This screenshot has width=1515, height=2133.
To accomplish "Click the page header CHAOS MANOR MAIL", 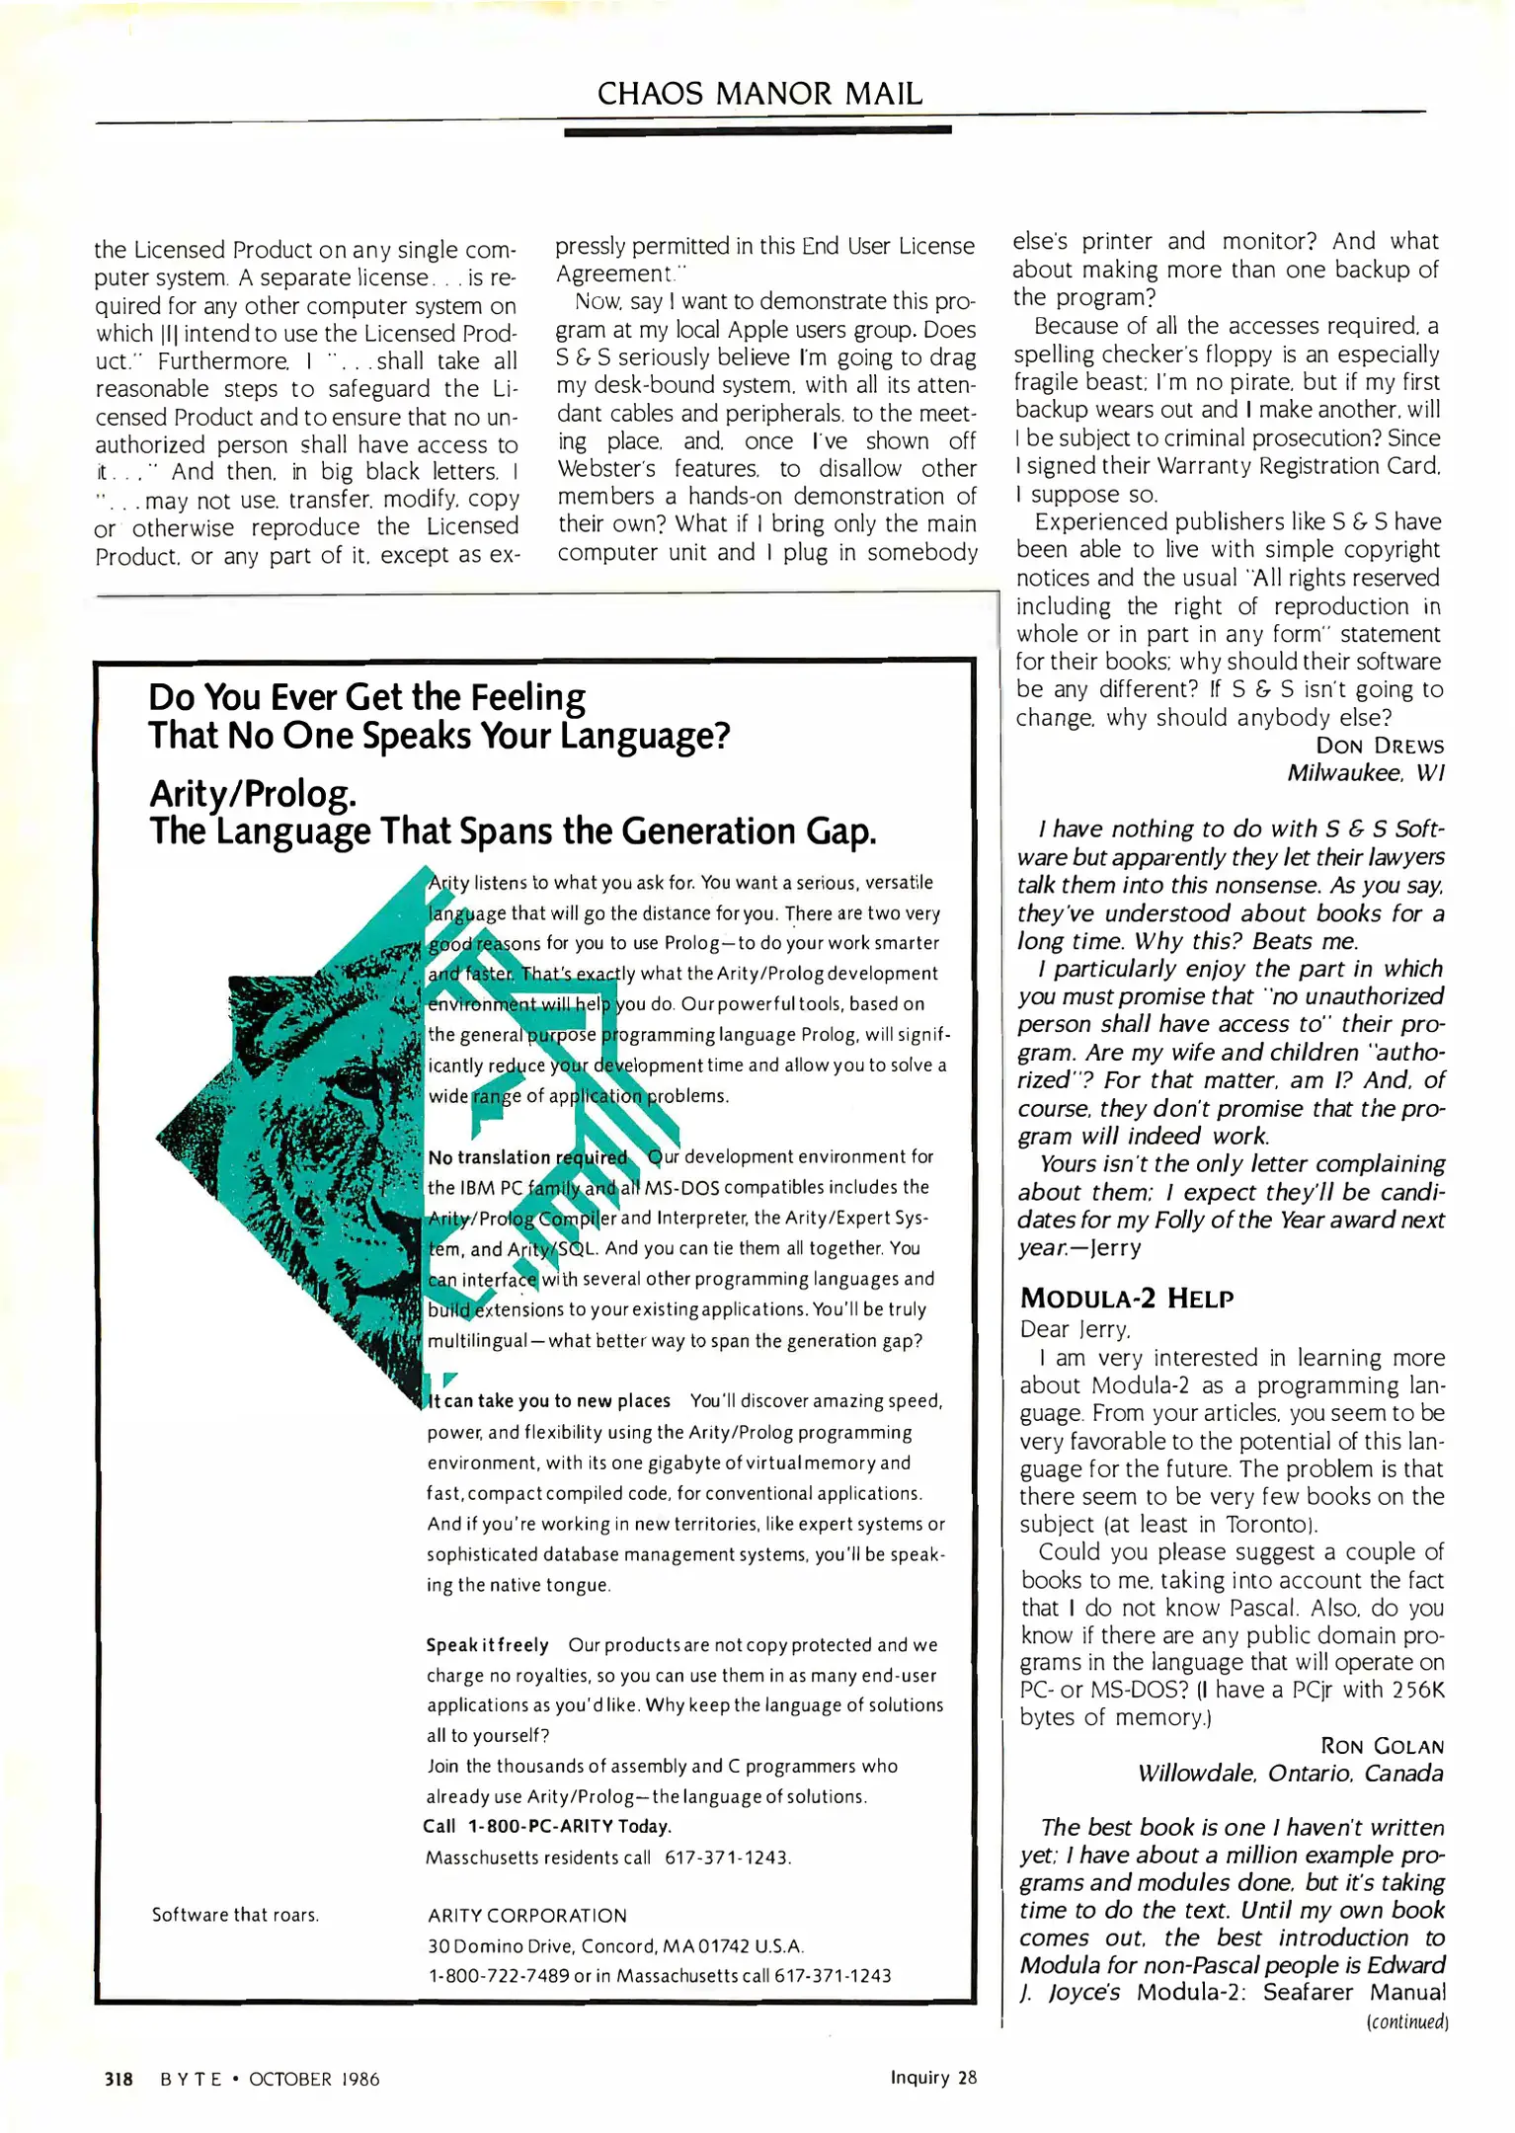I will pos(759,94).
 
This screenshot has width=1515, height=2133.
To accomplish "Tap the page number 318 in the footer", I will pos(119,2079).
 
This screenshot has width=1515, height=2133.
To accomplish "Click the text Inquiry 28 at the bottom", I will pos(932,2077).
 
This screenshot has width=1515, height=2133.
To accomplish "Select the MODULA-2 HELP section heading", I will pos(1126,1298).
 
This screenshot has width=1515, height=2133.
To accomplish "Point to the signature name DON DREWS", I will pos(1379,746).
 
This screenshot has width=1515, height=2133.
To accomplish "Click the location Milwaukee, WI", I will pos(1365,773).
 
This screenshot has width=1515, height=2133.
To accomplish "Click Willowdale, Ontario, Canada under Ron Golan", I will pos(1290,1774).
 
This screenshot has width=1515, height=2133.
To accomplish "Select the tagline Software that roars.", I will pos(235,1915).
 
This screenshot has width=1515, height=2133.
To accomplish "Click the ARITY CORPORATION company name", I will pos(526,1916).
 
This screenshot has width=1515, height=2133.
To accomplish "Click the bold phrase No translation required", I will pos(526,1157).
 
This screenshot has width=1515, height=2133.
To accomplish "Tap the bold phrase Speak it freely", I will pos(487,1645).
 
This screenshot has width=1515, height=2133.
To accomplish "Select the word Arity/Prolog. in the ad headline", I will pos(253,793).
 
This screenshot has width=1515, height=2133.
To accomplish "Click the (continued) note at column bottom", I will pos(1406,2021).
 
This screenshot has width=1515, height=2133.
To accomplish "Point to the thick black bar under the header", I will pos(757,130).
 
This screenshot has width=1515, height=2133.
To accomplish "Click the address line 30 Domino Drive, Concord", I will pos(614,1946).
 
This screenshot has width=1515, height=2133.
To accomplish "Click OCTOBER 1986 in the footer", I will pos(314,2079).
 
